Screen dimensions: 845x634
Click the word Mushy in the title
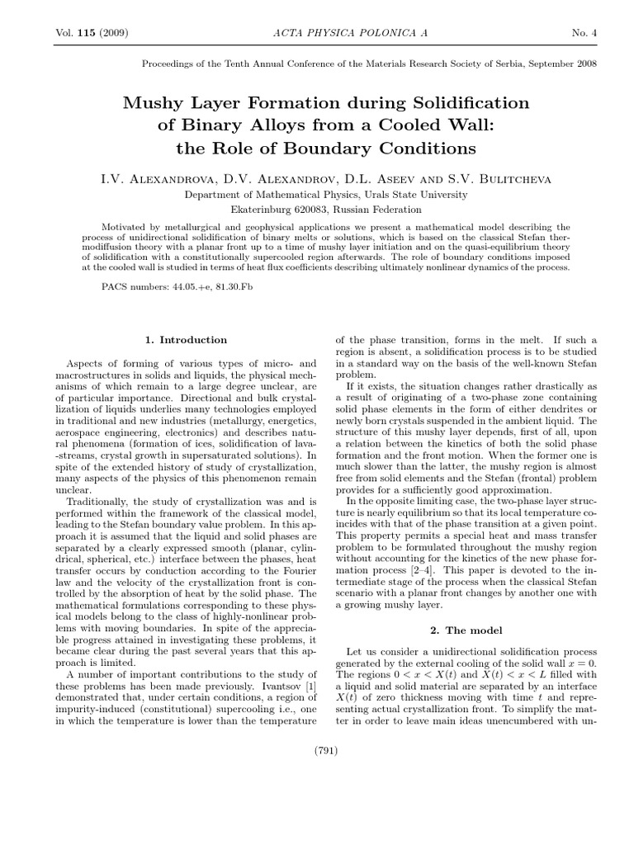coord(149,103)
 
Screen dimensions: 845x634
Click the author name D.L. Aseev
coord(376,178)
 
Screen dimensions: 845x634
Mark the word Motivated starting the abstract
coord(125,226)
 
